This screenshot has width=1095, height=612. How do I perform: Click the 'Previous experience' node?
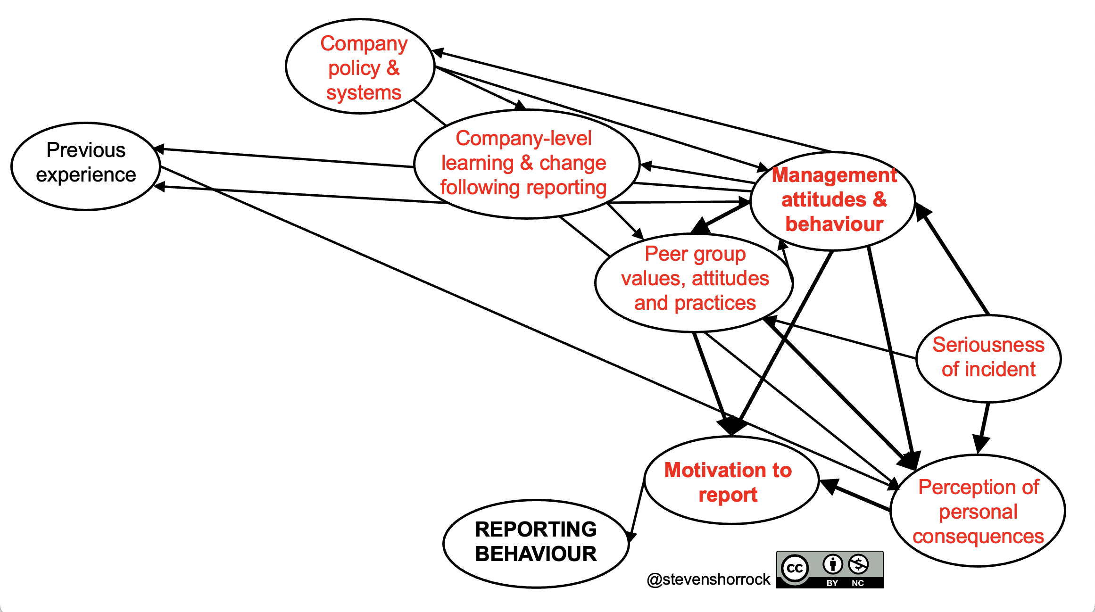86,166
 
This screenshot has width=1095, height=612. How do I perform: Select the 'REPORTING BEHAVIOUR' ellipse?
536,543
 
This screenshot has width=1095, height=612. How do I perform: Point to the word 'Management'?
834,175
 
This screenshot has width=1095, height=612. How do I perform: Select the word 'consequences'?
978,537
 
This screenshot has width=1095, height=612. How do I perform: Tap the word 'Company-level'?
523,139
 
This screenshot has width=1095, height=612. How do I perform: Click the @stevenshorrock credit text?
708,579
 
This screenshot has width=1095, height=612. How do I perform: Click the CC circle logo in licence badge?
795,568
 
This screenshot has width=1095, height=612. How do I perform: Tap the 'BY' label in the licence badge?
832,583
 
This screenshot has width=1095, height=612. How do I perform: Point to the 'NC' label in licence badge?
858,583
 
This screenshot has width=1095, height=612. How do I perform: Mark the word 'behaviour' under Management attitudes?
834,224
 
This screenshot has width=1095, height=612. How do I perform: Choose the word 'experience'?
86,175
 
